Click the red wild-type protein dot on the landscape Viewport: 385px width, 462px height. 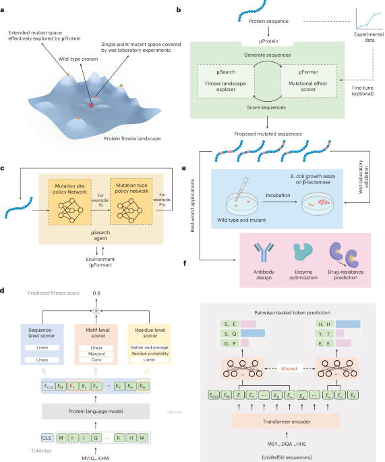pos(92,105)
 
